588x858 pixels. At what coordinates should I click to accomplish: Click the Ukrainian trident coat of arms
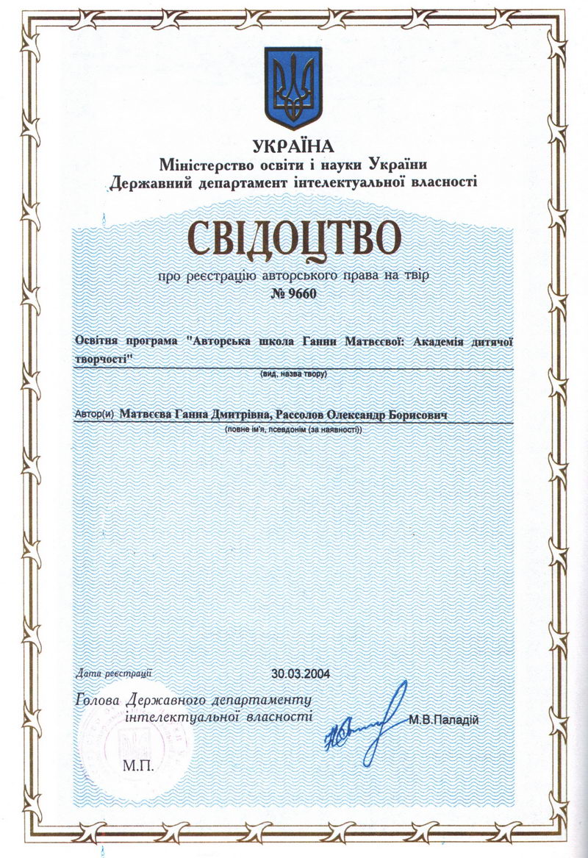(293, 87)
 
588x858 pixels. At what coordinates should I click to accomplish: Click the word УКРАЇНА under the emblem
(292, 146)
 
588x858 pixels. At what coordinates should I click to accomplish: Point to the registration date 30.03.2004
(301, 673)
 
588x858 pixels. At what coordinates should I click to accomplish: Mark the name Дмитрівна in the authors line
(242, 415)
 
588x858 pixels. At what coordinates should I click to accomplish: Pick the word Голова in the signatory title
(99, 699)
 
